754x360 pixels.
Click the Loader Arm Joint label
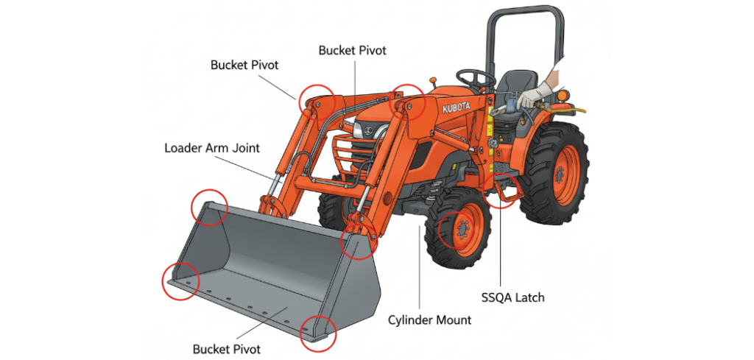[x=211, y=148]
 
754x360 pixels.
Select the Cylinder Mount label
[x=429, y=320]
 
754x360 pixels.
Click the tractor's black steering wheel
[x=475, y=77]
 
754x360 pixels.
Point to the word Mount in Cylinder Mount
[x=452, y=320]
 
